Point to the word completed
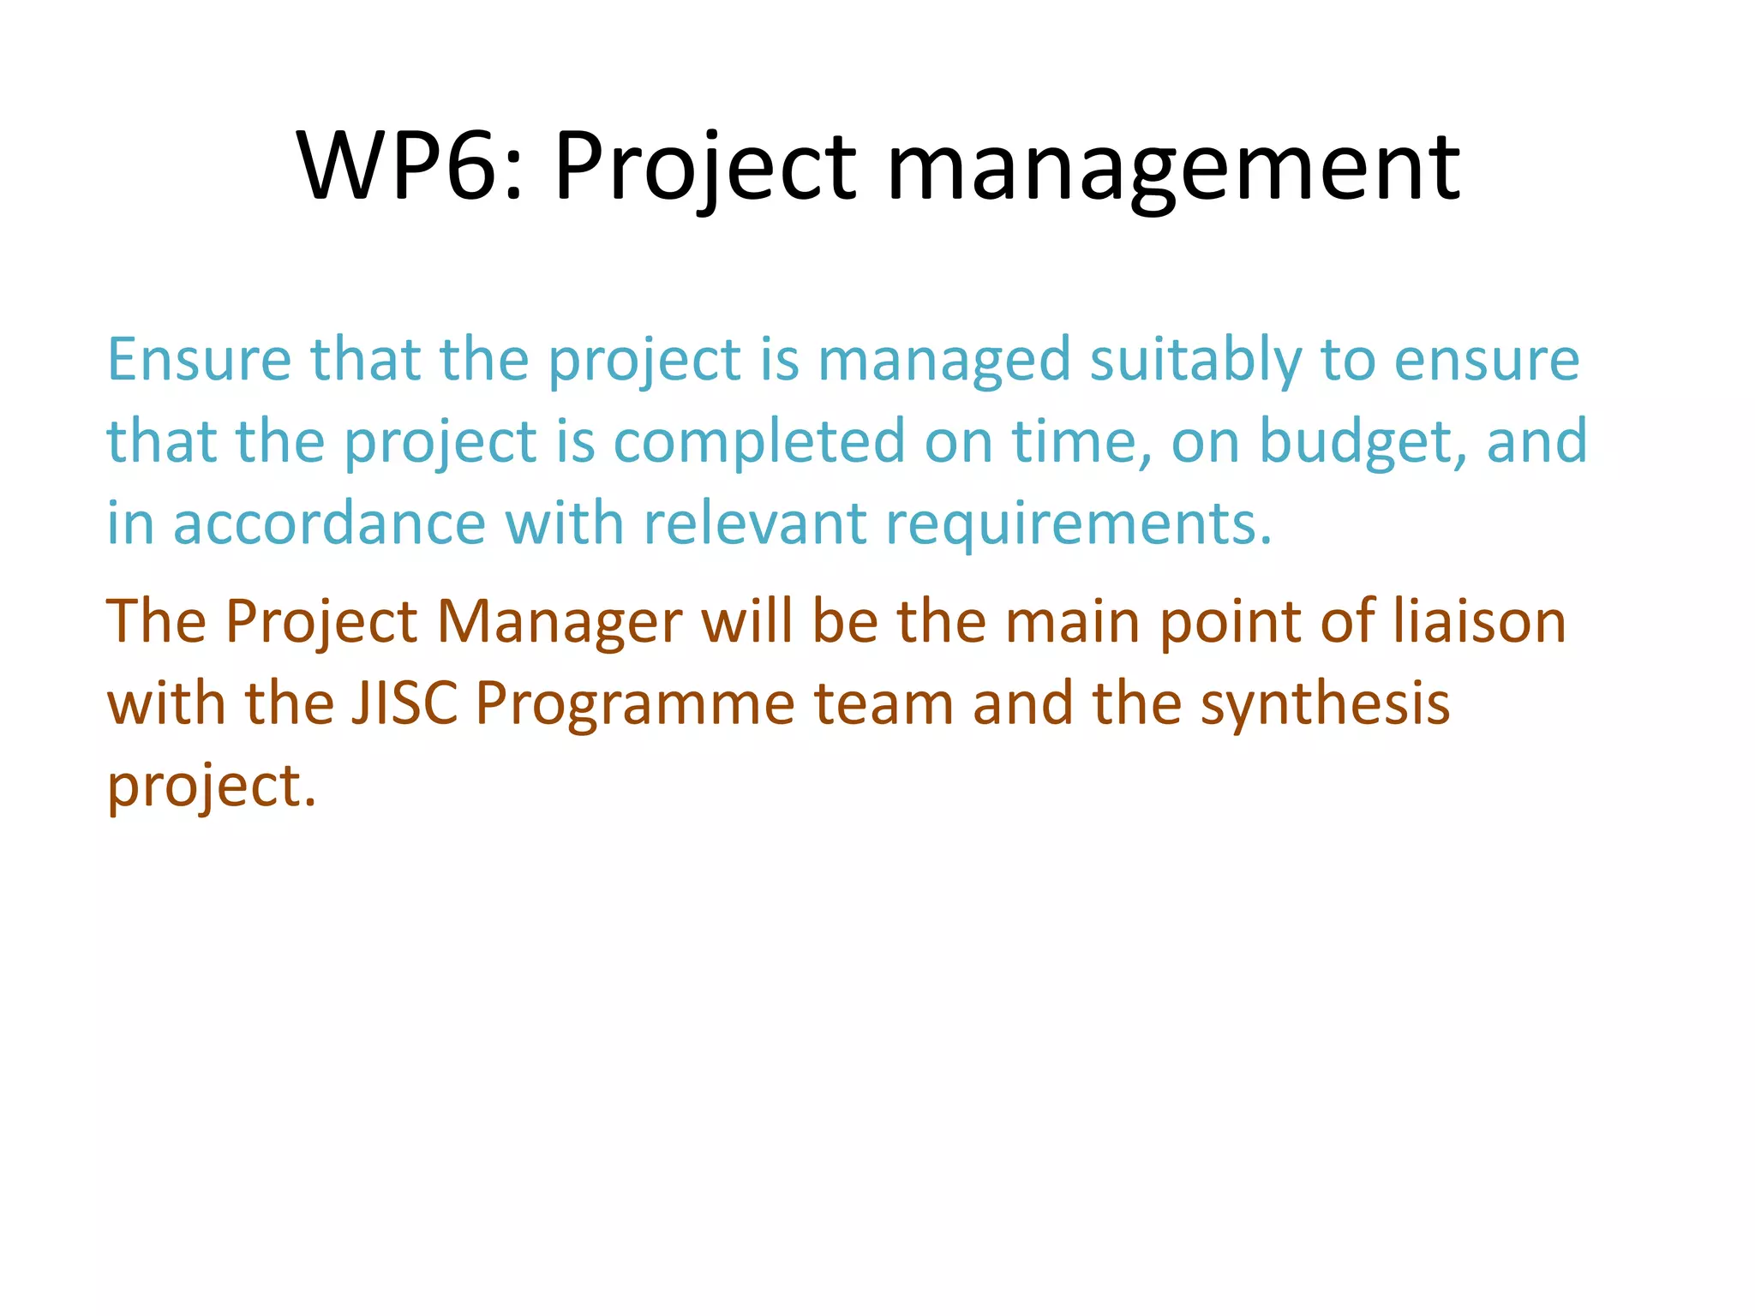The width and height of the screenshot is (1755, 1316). pyautogui.click(x=758, y=441)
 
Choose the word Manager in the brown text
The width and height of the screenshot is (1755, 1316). pyautogui.click(x=560, y=621)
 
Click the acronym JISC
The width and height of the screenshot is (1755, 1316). pyautogui.click(x=404, y=703)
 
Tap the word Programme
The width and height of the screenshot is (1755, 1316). pyautogui.click(x=634, y=703)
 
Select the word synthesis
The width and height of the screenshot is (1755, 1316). pyautogui.click(x=1324, y=703)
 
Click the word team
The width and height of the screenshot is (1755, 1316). pyautogui.click(x=883, y=703)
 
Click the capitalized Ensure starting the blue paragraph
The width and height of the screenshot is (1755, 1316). pyautogui.click(x=199, y=360)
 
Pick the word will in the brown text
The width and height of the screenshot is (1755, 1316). pyautogui.click(x=746, y=621)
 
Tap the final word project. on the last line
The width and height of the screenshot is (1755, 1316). pyautogui.click(x=211, y=787)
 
